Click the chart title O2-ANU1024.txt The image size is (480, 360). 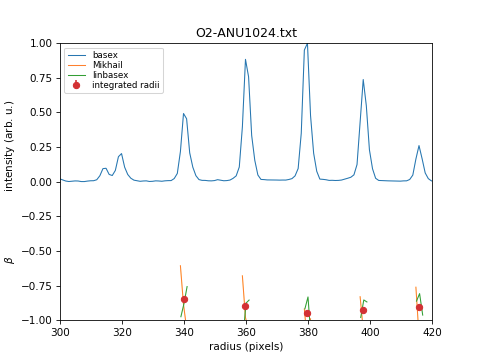246,33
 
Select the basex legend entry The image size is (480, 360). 105,55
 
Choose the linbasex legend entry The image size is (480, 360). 110,75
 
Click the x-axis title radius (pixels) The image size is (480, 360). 246,346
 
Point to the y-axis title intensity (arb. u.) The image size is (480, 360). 10,146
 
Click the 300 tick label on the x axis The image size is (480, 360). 60,332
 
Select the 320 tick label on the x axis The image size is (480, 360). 122,332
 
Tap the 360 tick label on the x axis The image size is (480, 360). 246,332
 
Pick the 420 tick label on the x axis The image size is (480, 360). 432,332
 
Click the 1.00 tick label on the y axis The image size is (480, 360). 40,44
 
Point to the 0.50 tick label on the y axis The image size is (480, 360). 40,113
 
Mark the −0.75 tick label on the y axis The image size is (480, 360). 38,286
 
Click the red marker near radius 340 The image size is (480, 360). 184,299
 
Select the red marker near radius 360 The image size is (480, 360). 245,306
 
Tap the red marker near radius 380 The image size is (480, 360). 307,313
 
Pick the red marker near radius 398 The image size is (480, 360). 363,310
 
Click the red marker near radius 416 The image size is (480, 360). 419,307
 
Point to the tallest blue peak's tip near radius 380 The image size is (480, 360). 307,44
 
